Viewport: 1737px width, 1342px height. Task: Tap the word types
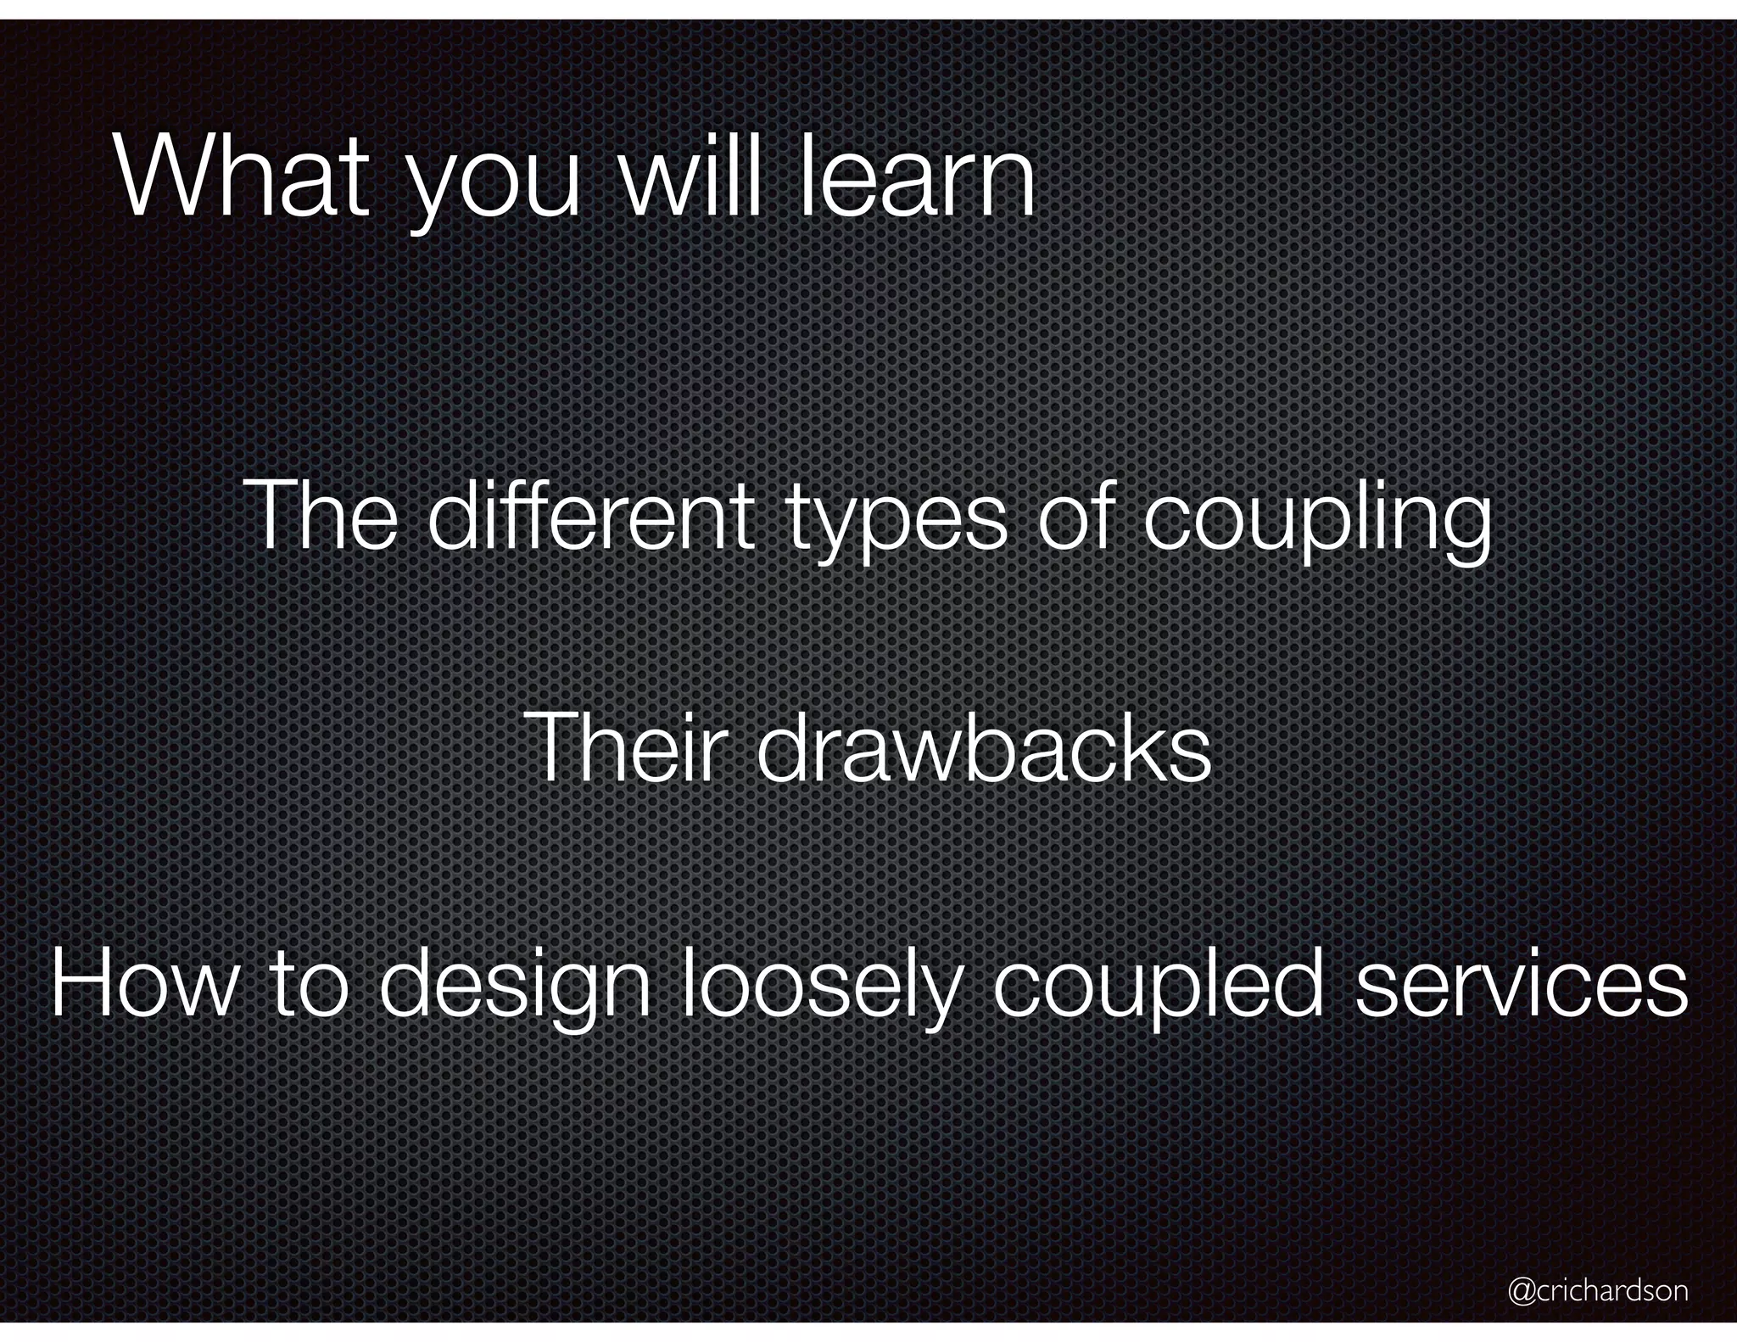click(x=896, y=522)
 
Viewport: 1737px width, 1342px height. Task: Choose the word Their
click(x=628, y=747)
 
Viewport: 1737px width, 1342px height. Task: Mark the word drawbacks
click(x=983, y=747)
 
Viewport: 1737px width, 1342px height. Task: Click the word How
click(x=145, y=984)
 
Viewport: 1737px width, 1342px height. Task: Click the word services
click(x=1522, y=984)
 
